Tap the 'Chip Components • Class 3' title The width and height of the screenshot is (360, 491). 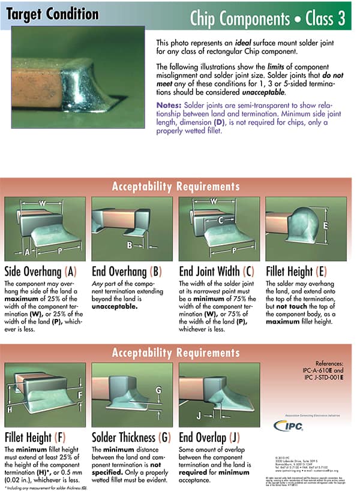(x=267, y=19)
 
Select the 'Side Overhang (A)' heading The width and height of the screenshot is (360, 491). (x=41, y=270)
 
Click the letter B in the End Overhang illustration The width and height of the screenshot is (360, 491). (x=130, y=245)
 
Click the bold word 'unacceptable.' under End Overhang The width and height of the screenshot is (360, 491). (x=111, y=306)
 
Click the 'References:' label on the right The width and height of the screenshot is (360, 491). (x=328, y=363)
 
